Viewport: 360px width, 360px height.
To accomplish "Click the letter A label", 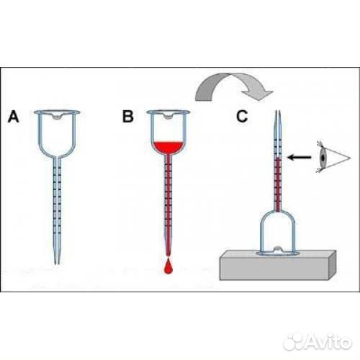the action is tap(14, 117).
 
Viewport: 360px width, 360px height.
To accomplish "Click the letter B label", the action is tap(128, 117).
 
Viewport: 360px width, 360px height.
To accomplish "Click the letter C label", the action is tap(242, 117).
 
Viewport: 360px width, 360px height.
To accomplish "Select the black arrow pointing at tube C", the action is tap(300, 158).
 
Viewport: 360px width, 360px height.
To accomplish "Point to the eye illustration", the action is tap(333, 156).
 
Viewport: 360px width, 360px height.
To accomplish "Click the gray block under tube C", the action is tap(278, 265).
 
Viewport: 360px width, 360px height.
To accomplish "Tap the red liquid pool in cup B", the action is tap(168, 148).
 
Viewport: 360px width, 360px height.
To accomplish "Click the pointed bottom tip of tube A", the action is tap(57, 264).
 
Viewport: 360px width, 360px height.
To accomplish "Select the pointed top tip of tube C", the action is tap(278, 112).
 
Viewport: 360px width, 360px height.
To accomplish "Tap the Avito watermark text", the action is tap(328, 342).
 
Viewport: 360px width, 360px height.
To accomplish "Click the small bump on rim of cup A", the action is tap(57, 117).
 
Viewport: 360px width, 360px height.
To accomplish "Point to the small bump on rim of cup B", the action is tap(168, 117).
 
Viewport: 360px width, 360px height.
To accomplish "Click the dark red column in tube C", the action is tap(278, 184).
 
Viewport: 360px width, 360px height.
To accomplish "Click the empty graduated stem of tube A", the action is tap(57, 209).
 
